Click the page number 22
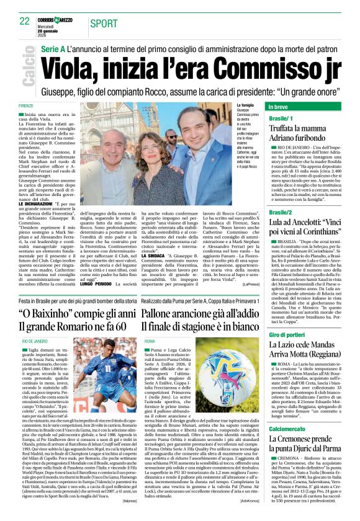(24, 21)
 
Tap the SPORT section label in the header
(104, 24)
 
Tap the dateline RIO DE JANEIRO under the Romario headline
(35, 341)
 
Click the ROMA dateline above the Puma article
(150, 341)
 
